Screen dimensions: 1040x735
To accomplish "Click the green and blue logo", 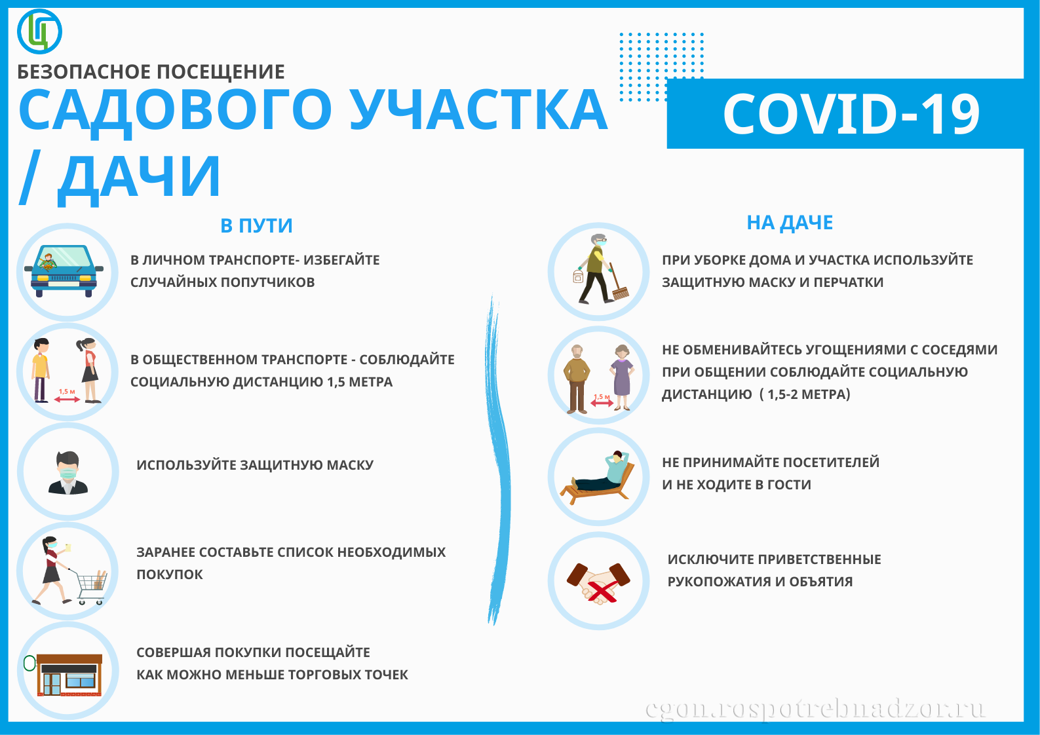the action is click(x=39, y=31).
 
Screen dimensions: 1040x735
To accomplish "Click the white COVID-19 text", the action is click(x=851, y=114).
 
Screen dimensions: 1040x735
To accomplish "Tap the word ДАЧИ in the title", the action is click(x=138, y=178).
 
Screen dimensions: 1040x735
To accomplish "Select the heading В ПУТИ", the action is click(x=256, y=226).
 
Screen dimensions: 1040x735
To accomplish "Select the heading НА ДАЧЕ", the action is click(x=790, y=223).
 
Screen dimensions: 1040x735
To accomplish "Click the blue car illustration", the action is click(x=64, y=271).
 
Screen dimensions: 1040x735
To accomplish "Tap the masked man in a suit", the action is click(x=67, y=473).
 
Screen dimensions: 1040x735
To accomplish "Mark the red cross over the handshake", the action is click(x=602, y=591).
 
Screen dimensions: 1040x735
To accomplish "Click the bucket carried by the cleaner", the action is click(x=579, y=276).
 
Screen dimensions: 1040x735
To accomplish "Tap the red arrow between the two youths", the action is click(x=67, y=399).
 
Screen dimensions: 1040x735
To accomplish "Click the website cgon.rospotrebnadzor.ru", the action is click(x=815, y=709).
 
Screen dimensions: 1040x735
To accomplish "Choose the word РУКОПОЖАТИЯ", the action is click(x=719, y=582).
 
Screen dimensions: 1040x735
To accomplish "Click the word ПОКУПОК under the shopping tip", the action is click(x=170, y=575).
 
